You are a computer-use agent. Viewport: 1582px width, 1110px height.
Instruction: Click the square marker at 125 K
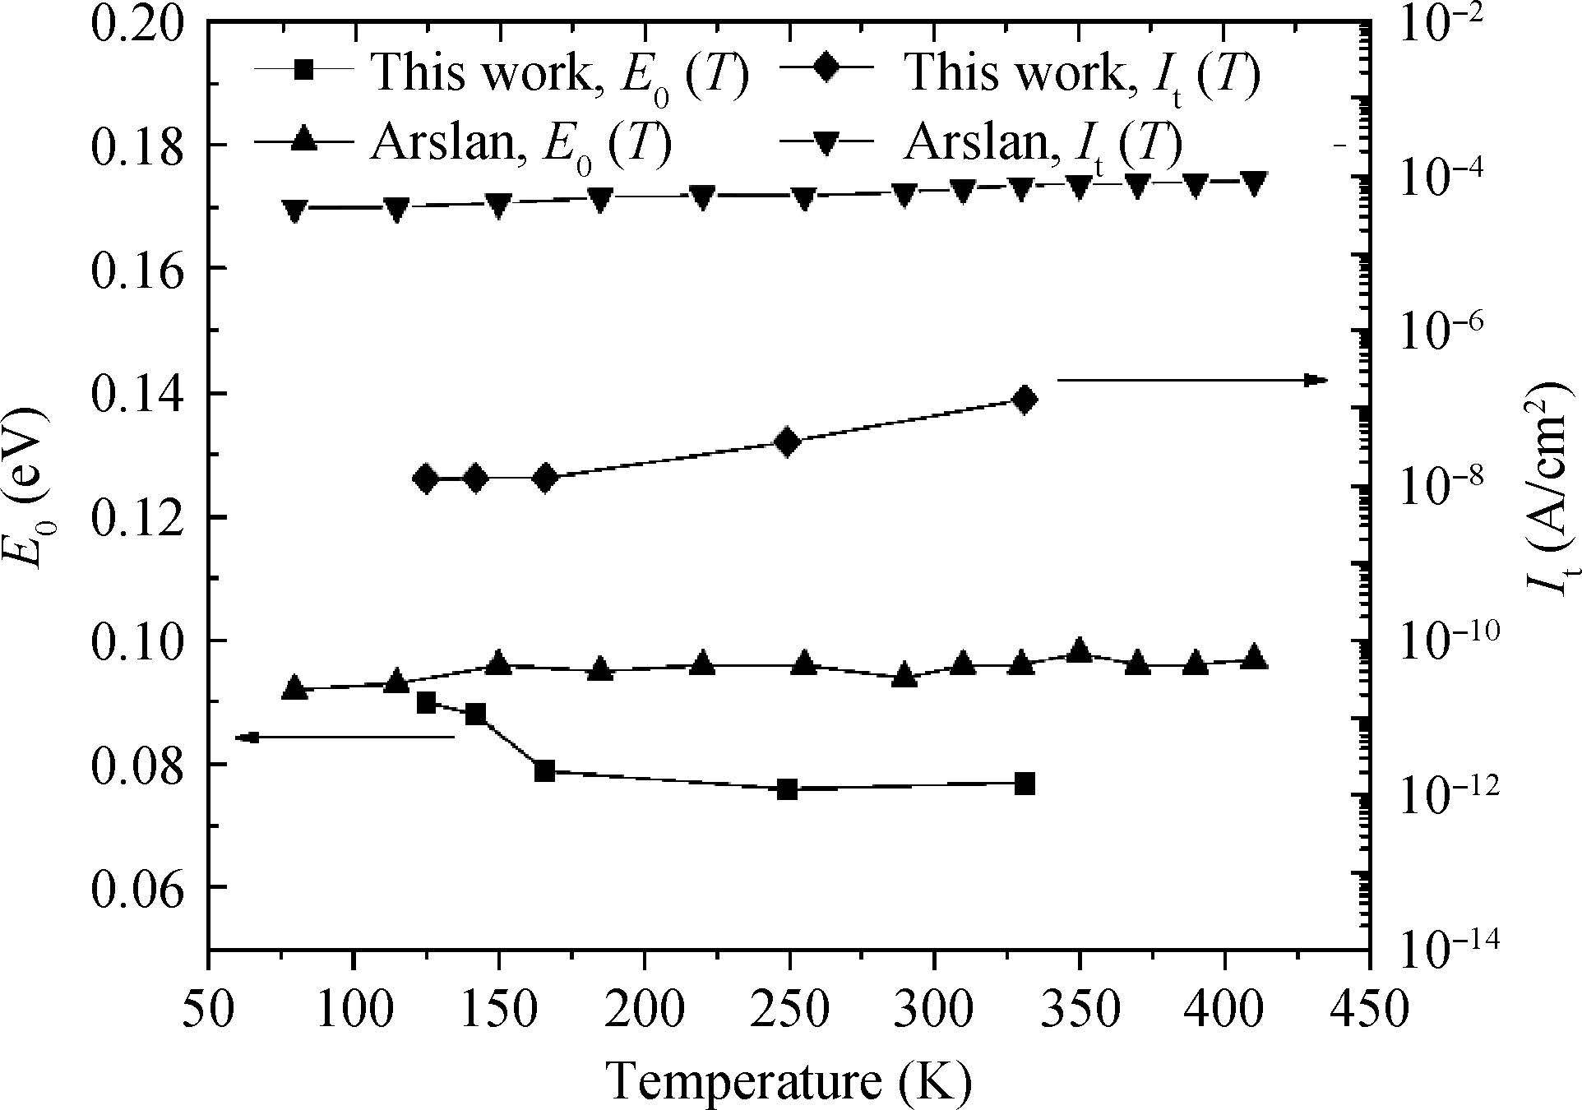tap(426, 703)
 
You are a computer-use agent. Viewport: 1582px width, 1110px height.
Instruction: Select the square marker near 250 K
tap(787, 789)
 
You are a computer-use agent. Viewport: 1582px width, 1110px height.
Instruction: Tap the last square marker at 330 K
tap(1024, 784)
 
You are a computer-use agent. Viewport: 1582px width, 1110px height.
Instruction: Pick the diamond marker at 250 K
tap(787, 442)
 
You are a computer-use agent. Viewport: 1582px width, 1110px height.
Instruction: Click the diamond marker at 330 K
tap(1024, 400)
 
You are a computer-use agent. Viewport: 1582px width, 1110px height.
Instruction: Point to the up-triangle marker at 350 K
tap(1080, 651)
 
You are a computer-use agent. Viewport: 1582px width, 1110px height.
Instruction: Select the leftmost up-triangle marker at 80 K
tap(294, 688)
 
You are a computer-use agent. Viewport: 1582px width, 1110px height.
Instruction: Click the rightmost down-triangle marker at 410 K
tap(1253, 183)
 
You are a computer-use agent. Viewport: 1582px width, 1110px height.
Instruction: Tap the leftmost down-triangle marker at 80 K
tap(294, 210)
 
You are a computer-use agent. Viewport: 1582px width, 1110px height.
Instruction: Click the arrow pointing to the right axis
tap(1192, 380)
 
